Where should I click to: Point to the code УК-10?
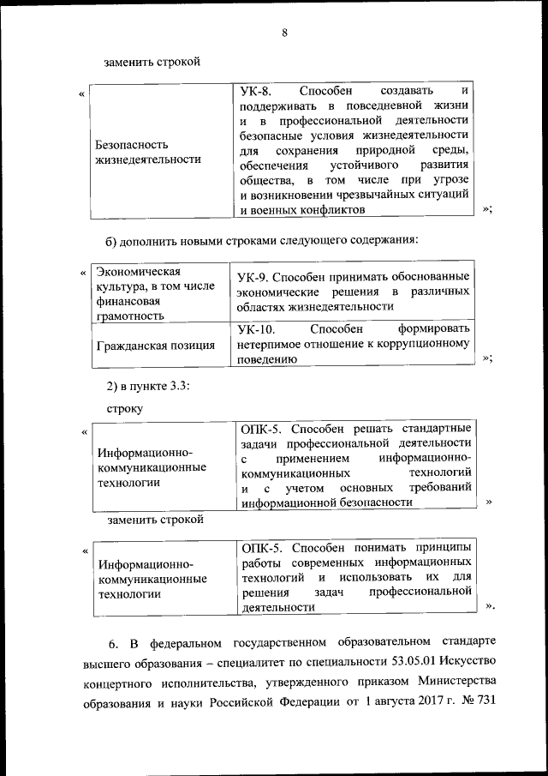pyautogui.click(x=255, y=328)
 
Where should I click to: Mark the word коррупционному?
pyautogui.click(x=421, y=344)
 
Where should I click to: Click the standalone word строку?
pyautogui.click(x=125, y=408)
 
